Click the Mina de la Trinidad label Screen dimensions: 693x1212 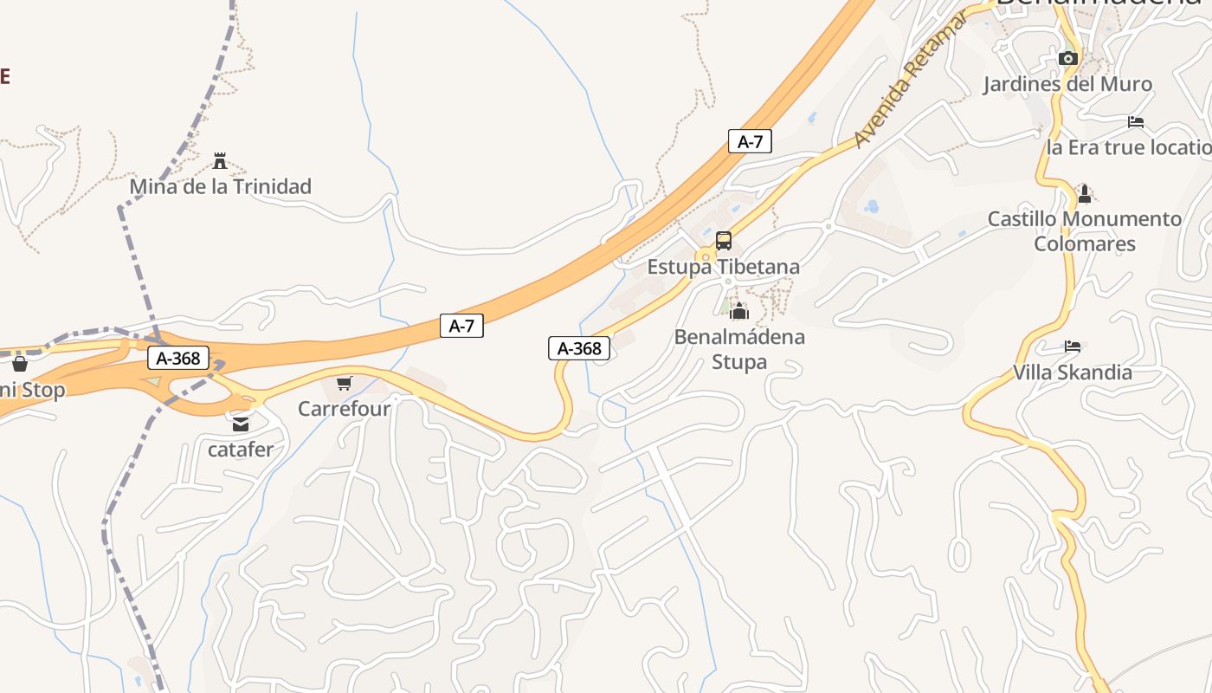click(220, 186)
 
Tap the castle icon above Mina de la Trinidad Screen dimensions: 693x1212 click(220, 160)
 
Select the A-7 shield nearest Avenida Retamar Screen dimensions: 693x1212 click(750, 141)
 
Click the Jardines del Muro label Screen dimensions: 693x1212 click(1067, 84)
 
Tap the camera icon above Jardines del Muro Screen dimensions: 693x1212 click(1068, 58)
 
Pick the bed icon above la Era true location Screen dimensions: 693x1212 click(1136, 122)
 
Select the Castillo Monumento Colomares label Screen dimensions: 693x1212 click(1085, 231)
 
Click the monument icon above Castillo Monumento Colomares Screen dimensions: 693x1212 click(1084, 193)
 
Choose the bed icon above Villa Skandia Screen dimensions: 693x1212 click(1073, 346)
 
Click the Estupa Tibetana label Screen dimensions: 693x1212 click(724, 267)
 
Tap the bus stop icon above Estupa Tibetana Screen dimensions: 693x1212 click(724, 241)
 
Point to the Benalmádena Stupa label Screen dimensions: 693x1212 click(739, 348)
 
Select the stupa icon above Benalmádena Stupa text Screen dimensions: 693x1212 click(739, 311)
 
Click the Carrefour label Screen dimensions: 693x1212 click(345, 408)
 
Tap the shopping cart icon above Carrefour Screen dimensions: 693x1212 click(345, 383)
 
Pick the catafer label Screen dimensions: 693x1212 click(241, 450)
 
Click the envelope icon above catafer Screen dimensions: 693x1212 click(241, 424)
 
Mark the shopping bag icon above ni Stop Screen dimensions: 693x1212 click(20, 364)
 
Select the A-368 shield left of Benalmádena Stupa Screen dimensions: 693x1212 click(579, 349)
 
